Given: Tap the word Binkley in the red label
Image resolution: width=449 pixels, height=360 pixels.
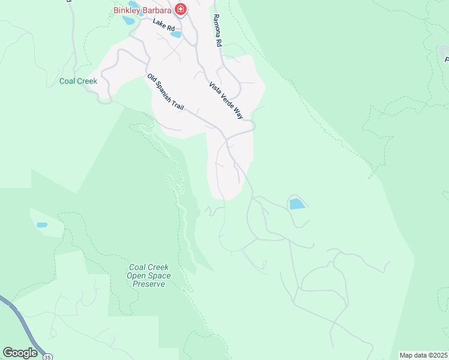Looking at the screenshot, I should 128,10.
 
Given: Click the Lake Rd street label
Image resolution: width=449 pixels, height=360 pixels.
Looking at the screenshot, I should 163,25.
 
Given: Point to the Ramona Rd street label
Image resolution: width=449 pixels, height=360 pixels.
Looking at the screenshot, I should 217,31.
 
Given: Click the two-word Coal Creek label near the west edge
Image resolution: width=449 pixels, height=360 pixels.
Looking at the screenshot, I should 79,81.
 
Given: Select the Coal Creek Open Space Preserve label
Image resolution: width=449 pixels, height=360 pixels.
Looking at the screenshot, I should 148,275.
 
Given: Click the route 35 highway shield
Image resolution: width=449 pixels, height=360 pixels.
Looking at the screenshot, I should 47,357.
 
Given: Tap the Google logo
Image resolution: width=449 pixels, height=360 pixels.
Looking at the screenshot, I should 20,353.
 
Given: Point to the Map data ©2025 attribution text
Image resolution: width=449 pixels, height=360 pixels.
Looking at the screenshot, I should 423,355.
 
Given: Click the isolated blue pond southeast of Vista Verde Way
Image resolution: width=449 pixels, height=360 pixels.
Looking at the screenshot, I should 297,204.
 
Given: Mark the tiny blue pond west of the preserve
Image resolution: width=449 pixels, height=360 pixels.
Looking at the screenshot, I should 42,226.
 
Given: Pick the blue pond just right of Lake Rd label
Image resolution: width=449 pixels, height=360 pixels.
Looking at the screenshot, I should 176,34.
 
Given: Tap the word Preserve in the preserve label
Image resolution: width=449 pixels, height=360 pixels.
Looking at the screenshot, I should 148,284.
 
